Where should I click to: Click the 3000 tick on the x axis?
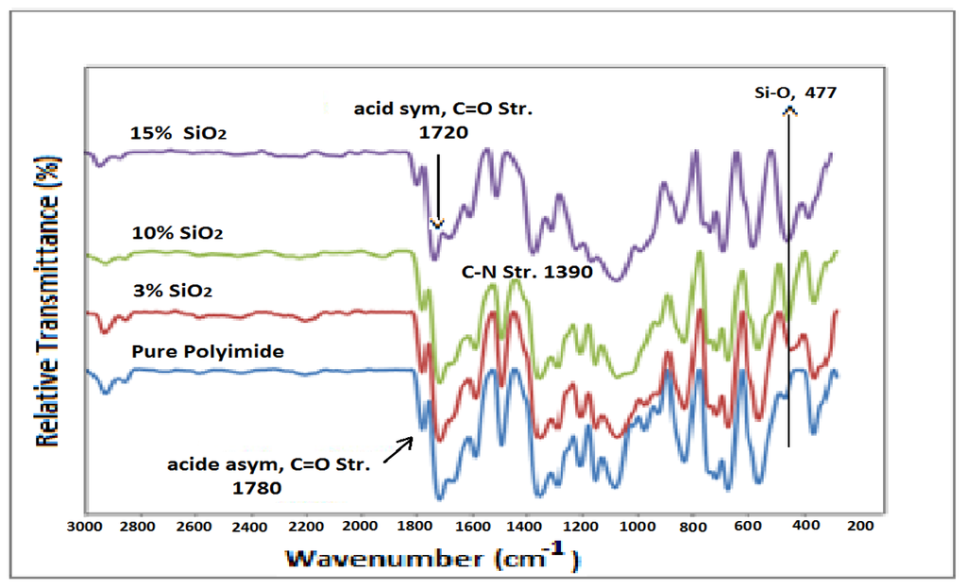pos(85,525)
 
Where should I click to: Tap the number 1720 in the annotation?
pos(443,132)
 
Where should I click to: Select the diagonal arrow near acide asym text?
pos(399,448)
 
